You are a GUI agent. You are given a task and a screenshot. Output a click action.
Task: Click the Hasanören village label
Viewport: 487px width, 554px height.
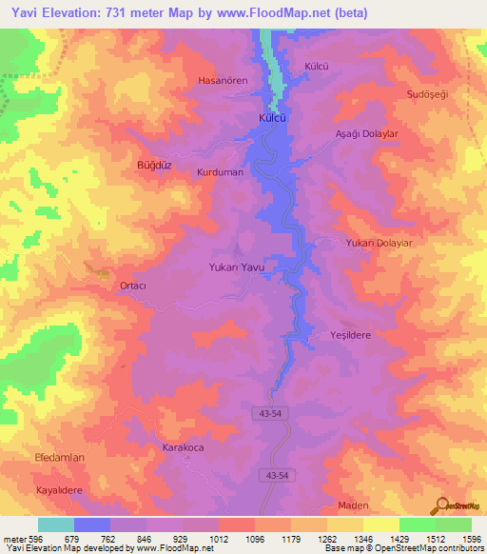[x=222, y=81]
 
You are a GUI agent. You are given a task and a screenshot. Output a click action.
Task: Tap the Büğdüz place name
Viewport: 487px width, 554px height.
[x=153, y=165]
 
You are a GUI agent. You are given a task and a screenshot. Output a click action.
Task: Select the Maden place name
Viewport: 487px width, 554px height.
[x=353, y=505]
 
